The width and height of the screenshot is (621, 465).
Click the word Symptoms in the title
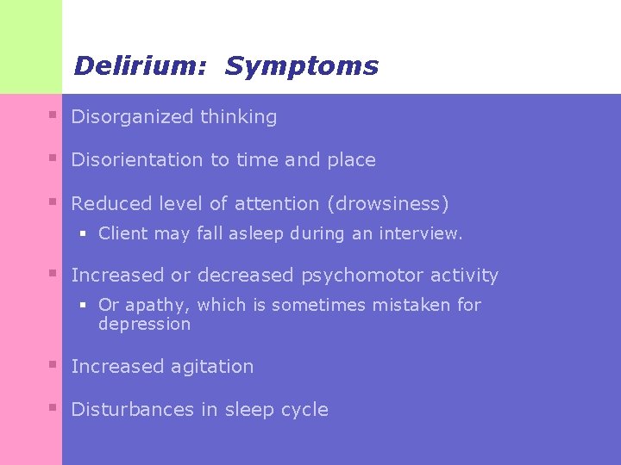(302, 66)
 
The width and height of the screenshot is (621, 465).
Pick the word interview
(423, 233)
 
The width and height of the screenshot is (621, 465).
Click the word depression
(144, 325)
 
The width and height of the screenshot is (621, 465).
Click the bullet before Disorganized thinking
(53, 115)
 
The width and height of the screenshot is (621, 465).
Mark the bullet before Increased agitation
(53, 365)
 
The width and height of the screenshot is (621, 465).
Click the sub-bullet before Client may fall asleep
(85, 232)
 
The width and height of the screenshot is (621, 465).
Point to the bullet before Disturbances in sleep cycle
(53, 408)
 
